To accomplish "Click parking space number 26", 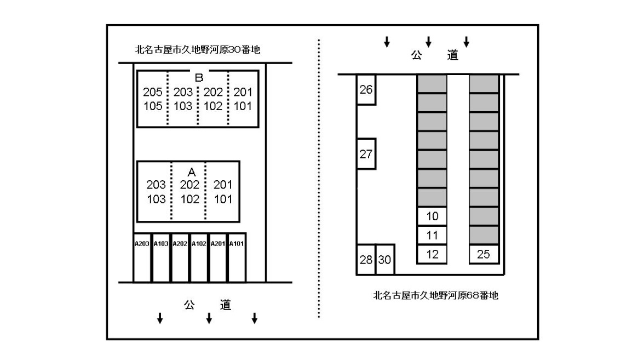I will [x=366, y=89].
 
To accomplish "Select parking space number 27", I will [x=366, y=154].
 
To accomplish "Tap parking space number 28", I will [x=366, y=259].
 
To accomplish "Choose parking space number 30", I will [x=385, y=259].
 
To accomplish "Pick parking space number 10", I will [x=432, y=216].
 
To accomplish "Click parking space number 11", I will [x=432, y=235].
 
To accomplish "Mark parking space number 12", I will [x=432, y=254].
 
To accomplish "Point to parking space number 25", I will [x=484, y=254].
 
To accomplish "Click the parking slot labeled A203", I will [x=142, y=258].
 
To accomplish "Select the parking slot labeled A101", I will [x=237, y=258].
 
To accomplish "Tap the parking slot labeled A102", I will [x=199, y=258].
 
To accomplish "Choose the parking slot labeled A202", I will [x=180, y=258].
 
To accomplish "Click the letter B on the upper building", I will [x=199, y=78].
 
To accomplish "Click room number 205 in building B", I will [x=153, y=92].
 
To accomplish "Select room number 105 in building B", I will [x=153, y=106].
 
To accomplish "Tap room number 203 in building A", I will [x=156, y=185].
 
